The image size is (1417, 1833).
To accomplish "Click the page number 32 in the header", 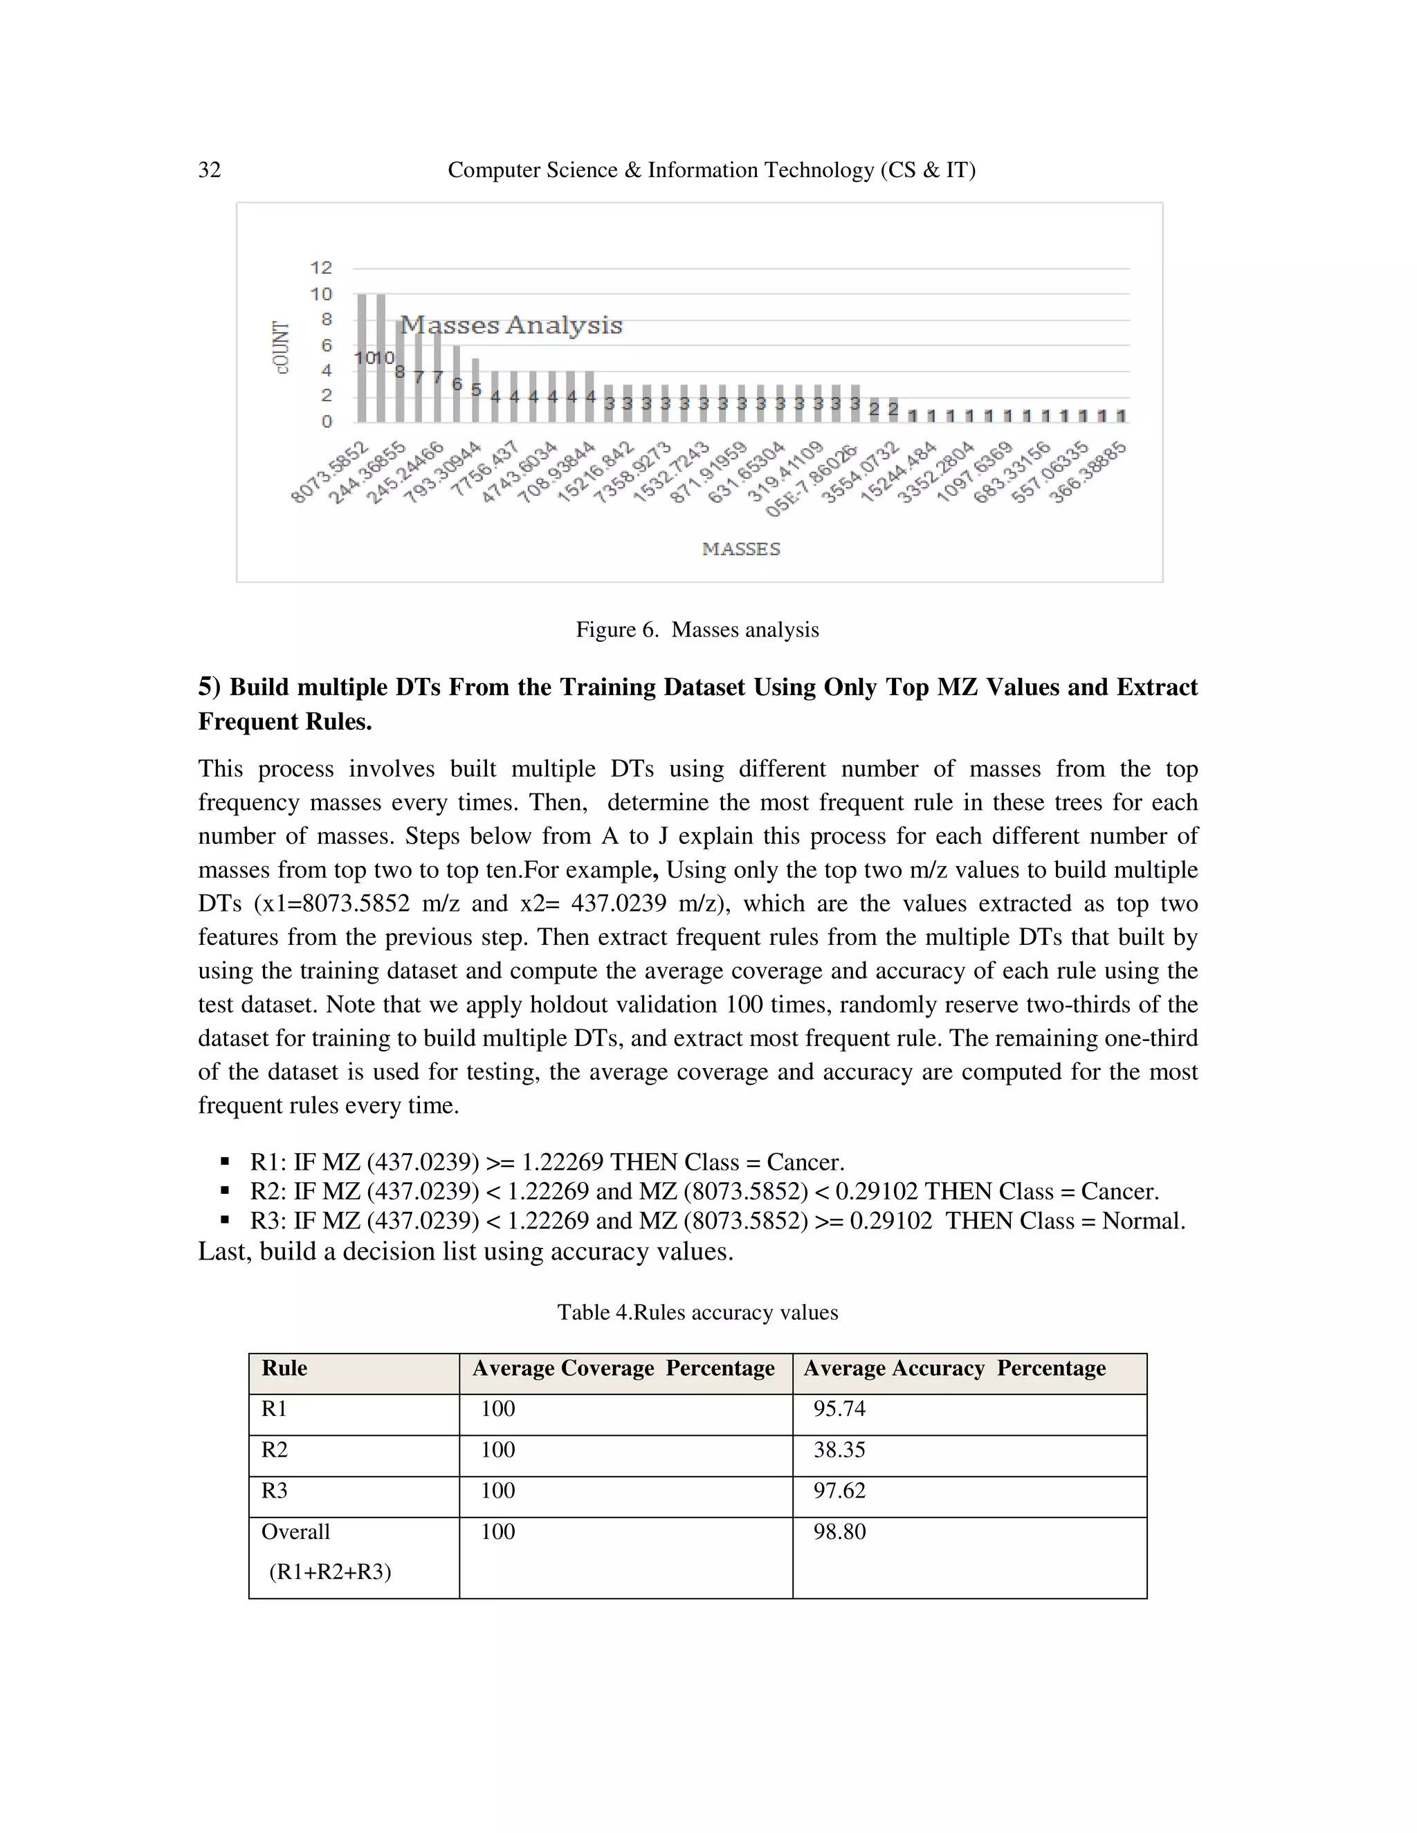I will coord(209,170).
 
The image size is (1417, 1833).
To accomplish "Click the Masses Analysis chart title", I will coord(511,325).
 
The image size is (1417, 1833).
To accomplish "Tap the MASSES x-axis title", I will coord(741,549).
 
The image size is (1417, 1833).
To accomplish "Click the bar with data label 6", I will coord(457,384).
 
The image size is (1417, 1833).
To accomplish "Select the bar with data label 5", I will coord(475,390).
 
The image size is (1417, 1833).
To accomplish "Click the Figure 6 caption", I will coord(697,629).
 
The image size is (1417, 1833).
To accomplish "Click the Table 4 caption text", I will coord(697,1313).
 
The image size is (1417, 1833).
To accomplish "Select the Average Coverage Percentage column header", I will coord(623,1369).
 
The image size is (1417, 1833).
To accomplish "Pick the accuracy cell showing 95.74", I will coord(839,1409).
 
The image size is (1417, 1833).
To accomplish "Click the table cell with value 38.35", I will coord(839,1450).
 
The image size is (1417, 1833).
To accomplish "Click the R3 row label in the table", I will coord(275,1491).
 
